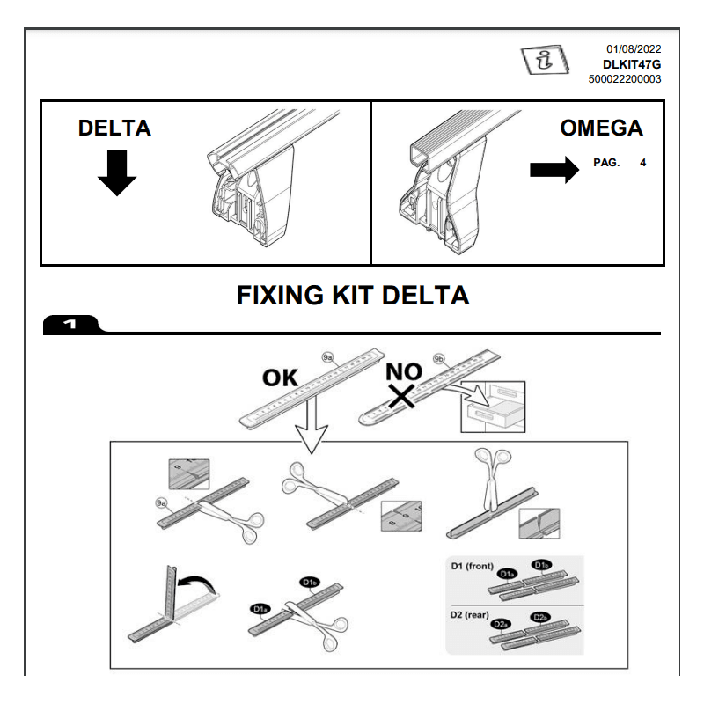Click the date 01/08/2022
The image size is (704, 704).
(634, 49)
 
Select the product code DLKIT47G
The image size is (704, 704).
(631, 64)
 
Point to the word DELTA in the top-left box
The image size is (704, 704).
(114, 128)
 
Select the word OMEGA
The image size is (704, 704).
(601, 128)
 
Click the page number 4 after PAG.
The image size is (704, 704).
(643, 163)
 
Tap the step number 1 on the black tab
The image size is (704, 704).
(70, 326)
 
